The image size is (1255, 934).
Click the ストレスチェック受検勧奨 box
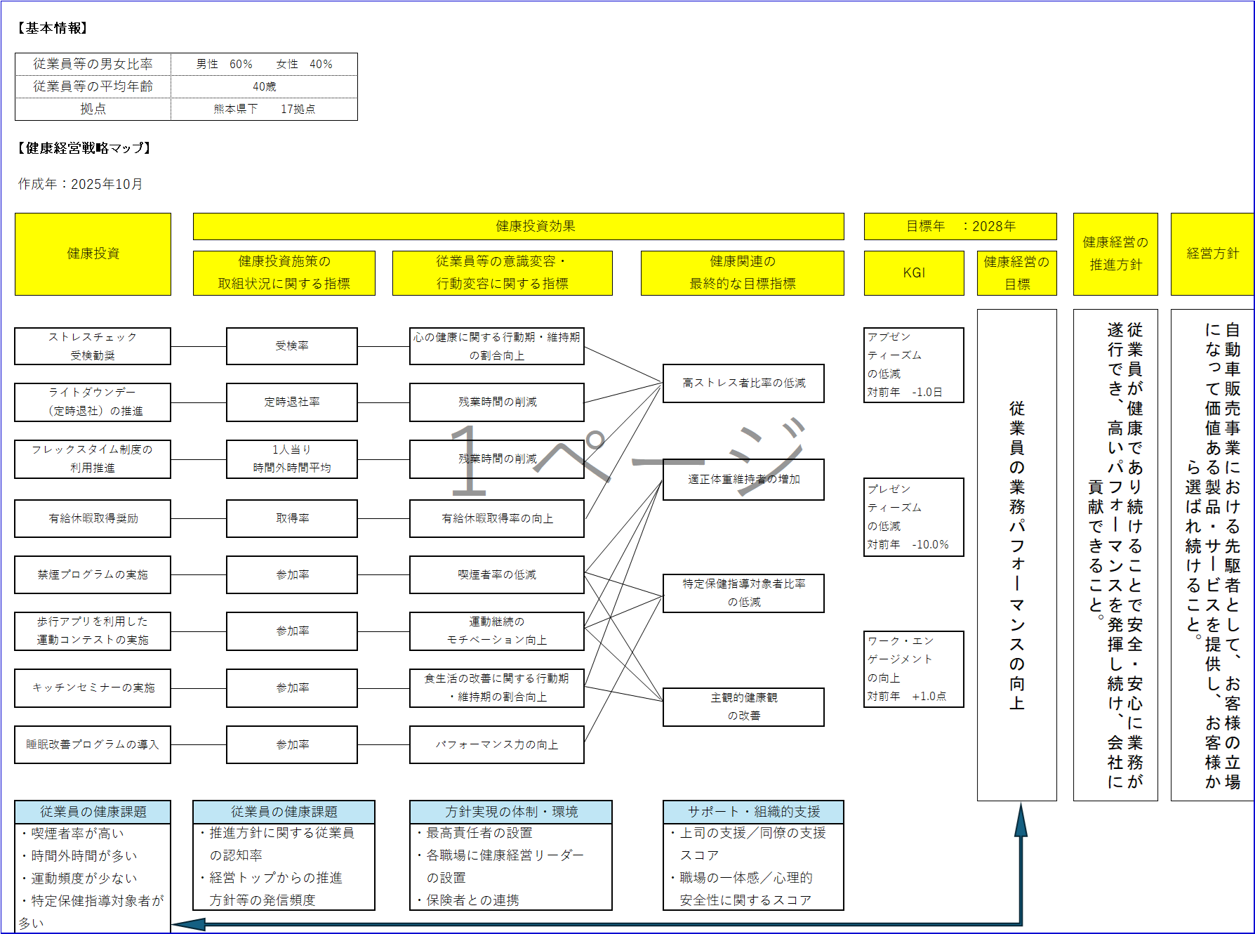pyautogui.click(x=93, y=346)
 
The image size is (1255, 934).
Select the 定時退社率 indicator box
pyautogui.click(x=292, y=402)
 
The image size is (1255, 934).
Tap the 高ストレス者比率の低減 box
pyautogui.click(x=743, y=383)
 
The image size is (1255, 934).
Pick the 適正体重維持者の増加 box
pyautogui.click(x=743, y=480)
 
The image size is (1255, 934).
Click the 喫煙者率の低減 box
pyautogui.click(x=497, y=575)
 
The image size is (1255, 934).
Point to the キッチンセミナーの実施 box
pyautogui.click(x=93, y=688)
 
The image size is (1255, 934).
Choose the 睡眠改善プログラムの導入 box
pyautogui.click(x=93, y=745)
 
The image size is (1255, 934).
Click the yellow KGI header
pyautogui.click(x=914, y=273)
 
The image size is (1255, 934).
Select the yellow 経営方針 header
pyautogui.click(x=1212, y=254)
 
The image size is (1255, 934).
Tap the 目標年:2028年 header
pyautogui.click(x=960, y=227)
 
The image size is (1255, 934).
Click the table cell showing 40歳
pyautogui.click(x=264, y=87)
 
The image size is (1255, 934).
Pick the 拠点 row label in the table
pyautogui.click(x=93, y=109)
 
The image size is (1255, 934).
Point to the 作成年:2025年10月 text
pyautogui.click(x=81, y=184)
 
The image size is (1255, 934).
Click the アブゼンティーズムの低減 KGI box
pyautogui.click(x=914, y=365)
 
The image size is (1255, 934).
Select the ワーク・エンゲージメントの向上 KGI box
pyautogui.click(x=914, y=669)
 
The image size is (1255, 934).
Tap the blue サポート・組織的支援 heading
pyautogui.click(x=753, y=812)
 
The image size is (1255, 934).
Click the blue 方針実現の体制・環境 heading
pyautogui.click(x=511, y=812)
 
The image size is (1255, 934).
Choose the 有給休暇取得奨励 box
pyautogui.click(x=93, y=519)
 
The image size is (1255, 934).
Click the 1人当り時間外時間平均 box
pyautogui.click(x=292, y=459)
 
